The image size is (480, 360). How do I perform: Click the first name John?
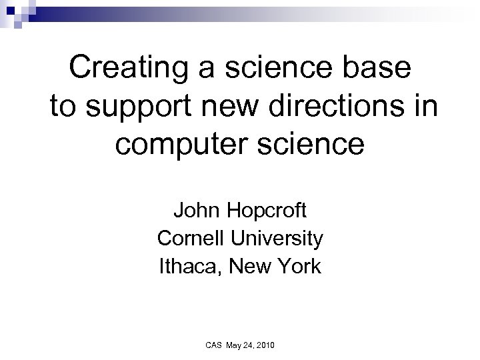(x=195, y=211)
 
